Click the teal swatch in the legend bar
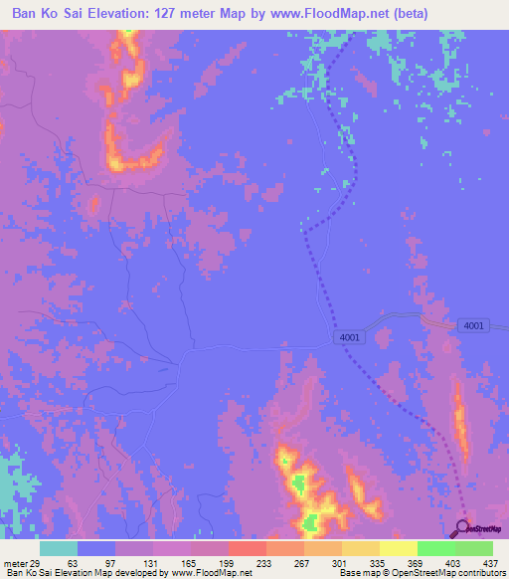coord(59,548)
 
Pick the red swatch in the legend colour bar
coord(248,548)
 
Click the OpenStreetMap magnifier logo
coord(462,528)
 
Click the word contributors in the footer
coord(481,573)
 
